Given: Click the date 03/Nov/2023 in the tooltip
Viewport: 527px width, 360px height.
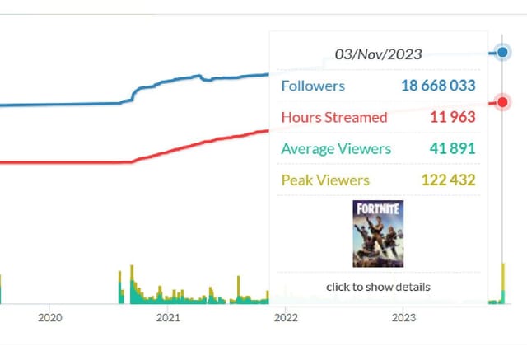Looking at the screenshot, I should coord(378,54).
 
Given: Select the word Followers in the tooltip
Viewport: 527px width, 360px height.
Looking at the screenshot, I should coord(313,86).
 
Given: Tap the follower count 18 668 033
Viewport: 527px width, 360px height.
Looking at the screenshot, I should coord(438,86).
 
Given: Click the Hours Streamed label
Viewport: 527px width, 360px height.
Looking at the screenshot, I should coord(333,117).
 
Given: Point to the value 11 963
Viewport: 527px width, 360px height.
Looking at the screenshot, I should coord(452,117).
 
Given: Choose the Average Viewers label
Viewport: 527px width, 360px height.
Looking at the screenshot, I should coord(336,149).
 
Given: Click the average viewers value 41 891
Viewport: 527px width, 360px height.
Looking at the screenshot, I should coord(452,149).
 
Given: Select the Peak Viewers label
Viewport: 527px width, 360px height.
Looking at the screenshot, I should coord(325,180).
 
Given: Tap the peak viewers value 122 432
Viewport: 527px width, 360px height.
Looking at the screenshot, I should coord(447,180).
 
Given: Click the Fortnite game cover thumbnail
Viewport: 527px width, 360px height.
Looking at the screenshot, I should coord(378,234).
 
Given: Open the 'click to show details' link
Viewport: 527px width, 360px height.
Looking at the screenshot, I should coord(378,287).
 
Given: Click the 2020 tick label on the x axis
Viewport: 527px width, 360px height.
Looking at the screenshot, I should coord(50,317).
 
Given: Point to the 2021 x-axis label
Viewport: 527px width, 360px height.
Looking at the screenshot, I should coord(168,317).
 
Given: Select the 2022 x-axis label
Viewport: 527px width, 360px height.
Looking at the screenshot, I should coord(286,317).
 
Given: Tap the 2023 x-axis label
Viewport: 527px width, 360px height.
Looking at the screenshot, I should coord(403,317).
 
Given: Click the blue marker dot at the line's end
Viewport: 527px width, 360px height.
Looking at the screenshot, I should coord(502,54).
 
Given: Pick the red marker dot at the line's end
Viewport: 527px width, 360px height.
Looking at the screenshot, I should coord(502,103).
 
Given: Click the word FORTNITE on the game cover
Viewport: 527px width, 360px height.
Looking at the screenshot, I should coord(378,210).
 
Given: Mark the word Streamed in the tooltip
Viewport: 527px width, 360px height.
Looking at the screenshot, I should coord(357,117).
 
